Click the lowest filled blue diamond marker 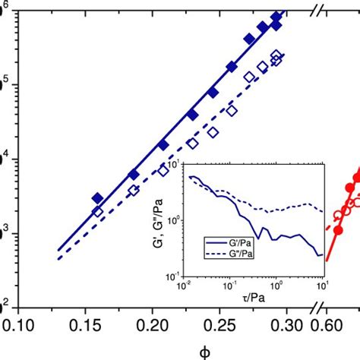click(97, 198)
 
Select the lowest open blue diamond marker click(97, 212)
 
